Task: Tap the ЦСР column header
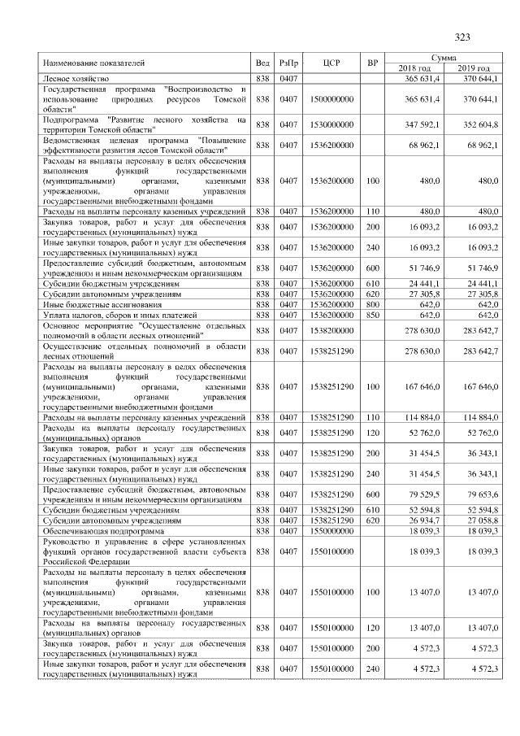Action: click(331, 63)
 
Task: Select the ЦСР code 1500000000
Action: click(331, 98)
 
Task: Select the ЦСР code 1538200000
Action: click(331, 330)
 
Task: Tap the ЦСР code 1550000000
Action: click(331, 531)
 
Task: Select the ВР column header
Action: click(373, 63)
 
